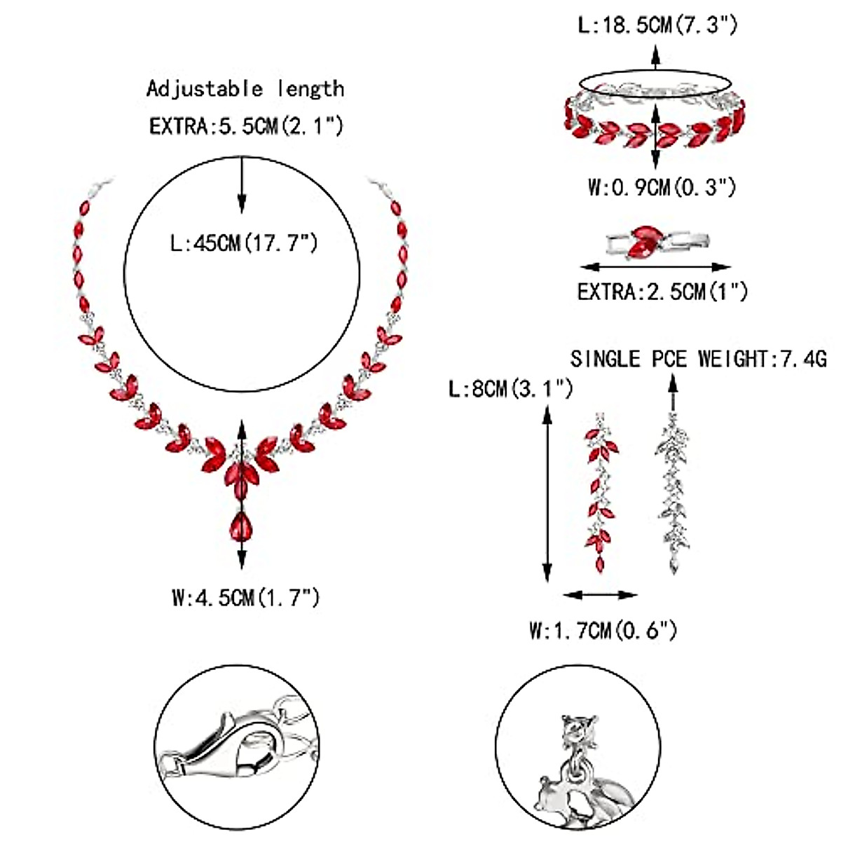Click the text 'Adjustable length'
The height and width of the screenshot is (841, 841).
pyautogui.click(x=245, y=89)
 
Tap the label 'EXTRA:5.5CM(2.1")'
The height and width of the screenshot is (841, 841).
pyautogui.click(x=245, y=127)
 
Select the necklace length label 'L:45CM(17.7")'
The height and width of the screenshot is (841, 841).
pyautogui.click(x=245, y=244)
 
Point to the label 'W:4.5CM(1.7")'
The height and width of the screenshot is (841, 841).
pyautogui.click(x=245, y=598)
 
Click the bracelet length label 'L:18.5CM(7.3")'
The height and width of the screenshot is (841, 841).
pyautogui.click(x=657, y=26)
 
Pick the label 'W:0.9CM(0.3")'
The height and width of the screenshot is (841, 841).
pyautogui.click(x=662, y=188)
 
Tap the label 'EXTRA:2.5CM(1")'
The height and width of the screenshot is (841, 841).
pyautogui.click(x=662, y=291)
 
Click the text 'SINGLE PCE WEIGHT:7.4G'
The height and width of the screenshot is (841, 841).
pyautogui.click(x=698, y=360)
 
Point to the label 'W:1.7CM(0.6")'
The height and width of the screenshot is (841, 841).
pyautogui.click(x=603, y=631)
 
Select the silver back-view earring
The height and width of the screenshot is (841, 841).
pyautogui.click(x=672, y=493)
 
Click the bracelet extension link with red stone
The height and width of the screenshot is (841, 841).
pyautogui.click(x=656, y=242)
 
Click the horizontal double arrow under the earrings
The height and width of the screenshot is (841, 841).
pyautogui.click(x=601, y=595)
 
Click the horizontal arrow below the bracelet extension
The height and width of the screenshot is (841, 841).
pyautogui.click(x=656, y=266)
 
